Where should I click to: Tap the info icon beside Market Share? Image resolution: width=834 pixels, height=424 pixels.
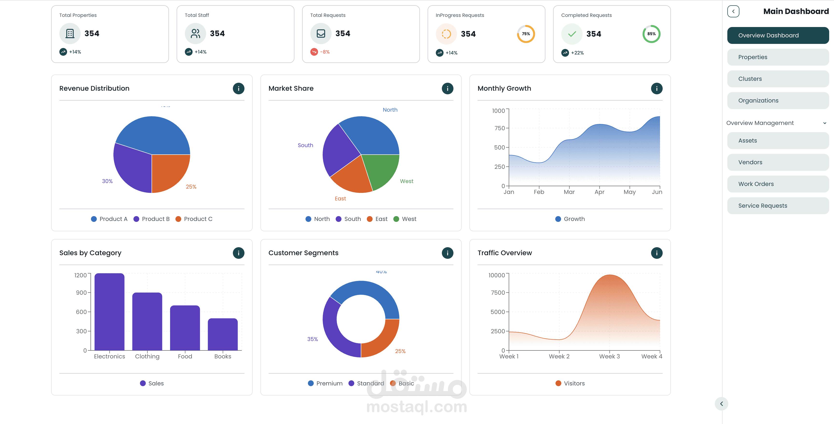pyautogui.click(x=447, y=88)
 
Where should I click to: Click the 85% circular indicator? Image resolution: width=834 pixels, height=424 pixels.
pyautogui.click(x=651, y=34)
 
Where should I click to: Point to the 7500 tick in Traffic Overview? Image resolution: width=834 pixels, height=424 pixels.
pyautogui.click(x=498, y=293)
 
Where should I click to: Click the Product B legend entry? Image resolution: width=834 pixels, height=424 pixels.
pyautogui.click(x=152, y=219)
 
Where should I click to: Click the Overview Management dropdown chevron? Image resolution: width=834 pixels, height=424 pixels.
pyautogui.click(x=824, y=123)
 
